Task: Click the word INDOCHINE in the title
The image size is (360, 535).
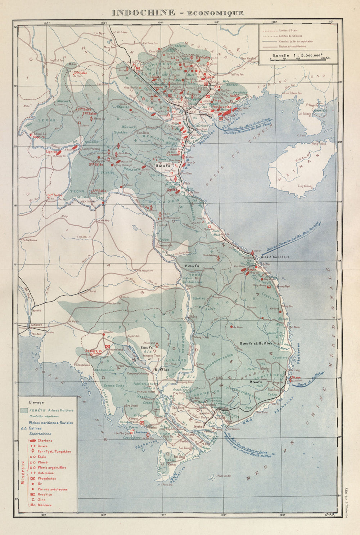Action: [x=142, y=13]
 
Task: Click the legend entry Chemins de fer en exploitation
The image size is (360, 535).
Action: [x=296, y=41]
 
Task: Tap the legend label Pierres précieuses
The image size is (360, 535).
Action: [x=50, y=489]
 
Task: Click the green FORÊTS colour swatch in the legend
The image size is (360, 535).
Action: [x=24, y=410]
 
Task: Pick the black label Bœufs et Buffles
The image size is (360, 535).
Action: [x=256, y=344]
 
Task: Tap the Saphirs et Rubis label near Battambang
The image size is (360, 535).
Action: [x=94, y=351]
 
